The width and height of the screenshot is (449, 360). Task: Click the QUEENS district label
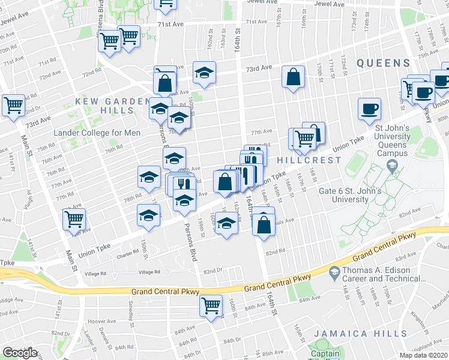384,62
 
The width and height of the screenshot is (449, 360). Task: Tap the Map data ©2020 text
423,355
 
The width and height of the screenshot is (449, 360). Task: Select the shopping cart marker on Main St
74,219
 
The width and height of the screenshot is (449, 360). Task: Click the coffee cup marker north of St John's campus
369,109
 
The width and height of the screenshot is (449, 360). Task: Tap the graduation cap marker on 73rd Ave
204,73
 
